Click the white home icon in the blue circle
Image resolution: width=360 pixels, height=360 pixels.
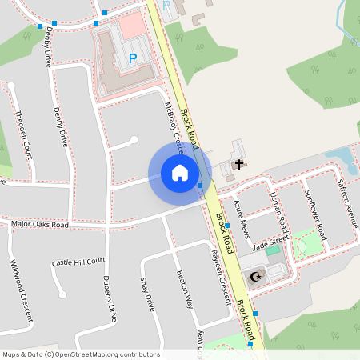pos(180,172)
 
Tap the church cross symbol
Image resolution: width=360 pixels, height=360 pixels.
pos(238,164)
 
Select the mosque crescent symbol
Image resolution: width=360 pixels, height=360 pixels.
pos(256,277)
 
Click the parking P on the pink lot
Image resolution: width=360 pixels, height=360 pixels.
pos(133,58)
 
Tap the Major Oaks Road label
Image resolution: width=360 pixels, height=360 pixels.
pos(40,225)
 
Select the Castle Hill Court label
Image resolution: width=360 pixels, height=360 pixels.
pos(78,262)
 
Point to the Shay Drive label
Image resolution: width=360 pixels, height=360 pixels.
pos(146,294)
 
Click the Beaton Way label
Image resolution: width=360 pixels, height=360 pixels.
pos(184,290)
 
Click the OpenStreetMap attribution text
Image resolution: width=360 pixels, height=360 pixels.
pos(80,354)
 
